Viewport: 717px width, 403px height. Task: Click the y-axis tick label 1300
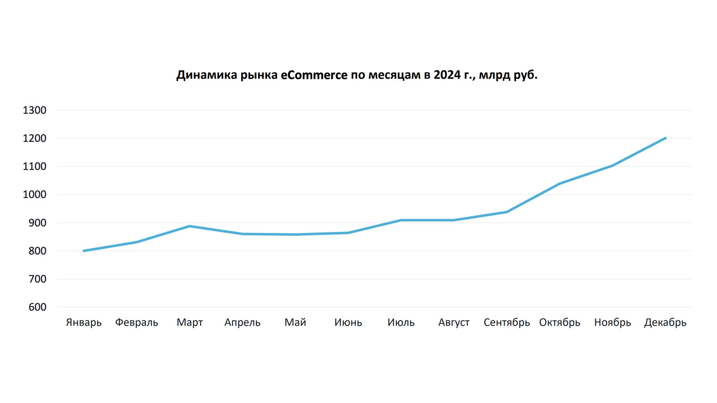point(34,110)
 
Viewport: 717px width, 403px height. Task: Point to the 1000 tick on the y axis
point(34,195)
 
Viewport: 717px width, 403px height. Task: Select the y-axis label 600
point(37,307)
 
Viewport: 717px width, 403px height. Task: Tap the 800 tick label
point(37,251)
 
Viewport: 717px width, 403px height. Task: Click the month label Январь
point(84,322)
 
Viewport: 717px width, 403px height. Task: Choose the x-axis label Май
point(295,322)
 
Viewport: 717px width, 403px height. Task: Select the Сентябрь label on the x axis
point(506,322)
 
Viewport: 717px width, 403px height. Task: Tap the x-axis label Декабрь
point(665,322)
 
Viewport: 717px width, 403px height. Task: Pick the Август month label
point(454,322)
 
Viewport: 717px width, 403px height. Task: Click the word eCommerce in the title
point(314,75)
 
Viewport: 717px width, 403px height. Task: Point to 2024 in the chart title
point(447,75)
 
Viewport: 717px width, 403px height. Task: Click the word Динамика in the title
point(206,75)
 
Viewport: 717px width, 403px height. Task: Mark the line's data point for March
point(190,226)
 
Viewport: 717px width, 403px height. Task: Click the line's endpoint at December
point(665,138)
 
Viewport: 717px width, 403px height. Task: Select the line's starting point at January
point(84,251)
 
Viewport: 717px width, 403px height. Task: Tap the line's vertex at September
point(506,212)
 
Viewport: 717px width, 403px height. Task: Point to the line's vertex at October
point(559,184)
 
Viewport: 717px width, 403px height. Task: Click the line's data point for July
point(401,220)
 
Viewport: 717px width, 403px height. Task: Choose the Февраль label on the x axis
point(136,322)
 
